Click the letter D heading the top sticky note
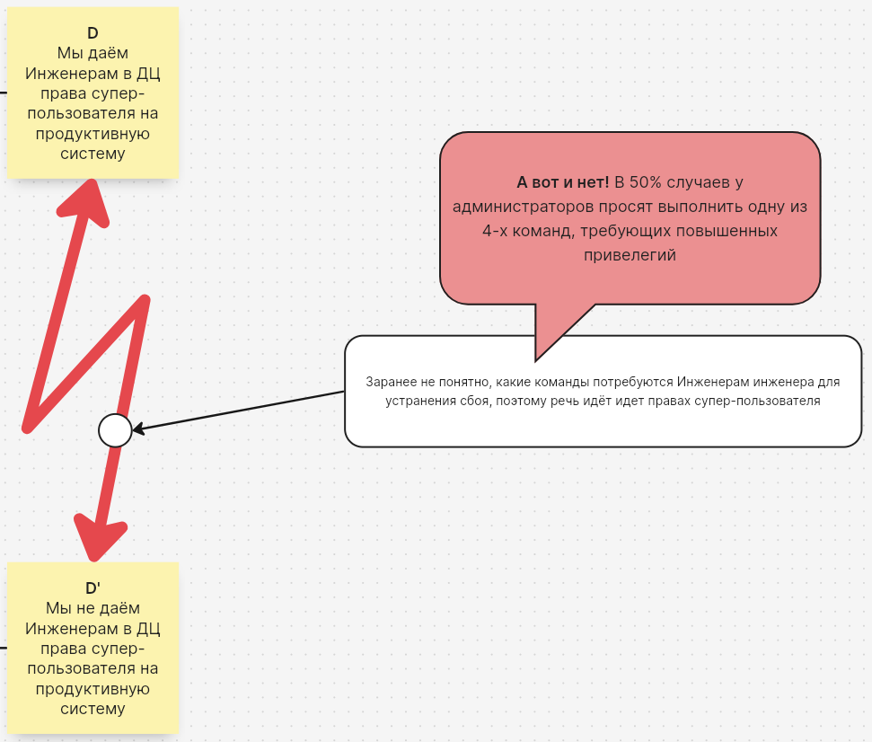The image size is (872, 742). point(92,33)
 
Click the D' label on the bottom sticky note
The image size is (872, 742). point(92,588)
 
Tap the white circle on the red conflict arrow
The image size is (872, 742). point(115,430)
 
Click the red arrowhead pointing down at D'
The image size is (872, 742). point(99,538)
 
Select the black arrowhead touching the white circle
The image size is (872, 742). point(139,428)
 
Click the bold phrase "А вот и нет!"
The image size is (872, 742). point(563,182)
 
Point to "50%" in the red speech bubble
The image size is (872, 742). point(645,182)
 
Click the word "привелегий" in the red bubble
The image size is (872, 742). point(630,255)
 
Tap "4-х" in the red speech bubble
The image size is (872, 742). point(495,231)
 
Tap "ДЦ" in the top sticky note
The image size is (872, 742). point(148,74)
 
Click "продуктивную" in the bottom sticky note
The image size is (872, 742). point(92,689)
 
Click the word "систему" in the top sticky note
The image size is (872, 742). point(92,155)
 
